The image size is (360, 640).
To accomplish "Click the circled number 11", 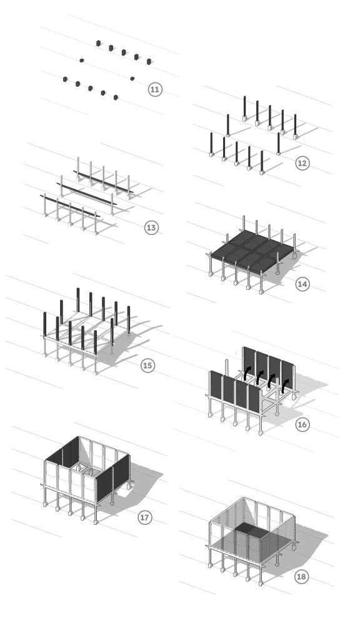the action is click(155, 89).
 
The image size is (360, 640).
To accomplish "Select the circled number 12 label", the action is click(302, 163).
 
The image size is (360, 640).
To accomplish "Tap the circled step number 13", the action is click(151, 227).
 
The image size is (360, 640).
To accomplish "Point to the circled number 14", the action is click(302, 284).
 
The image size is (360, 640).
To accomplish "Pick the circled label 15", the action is click(147, 365).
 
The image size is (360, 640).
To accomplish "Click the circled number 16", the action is click(302, 424).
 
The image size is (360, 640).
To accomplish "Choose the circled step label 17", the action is click(144, 517).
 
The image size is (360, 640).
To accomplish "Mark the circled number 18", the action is click(301, 576).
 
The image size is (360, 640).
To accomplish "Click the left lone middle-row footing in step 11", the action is click(82, 61).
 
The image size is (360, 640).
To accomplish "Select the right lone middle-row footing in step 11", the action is click(132, 78).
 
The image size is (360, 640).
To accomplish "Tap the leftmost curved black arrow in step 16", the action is click(246, 373).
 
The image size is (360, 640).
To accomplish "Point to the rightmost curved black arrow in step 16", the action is click(284, 386).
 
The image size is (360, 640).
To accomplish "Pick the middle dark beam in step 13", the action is click(86, 194).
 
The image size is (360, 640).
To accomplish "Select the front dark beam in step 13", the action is click(70, 206).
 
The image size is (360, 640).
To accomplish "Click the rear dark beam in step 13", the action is click(103, 182).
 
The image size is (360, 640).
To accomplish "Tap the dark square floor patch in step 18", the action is click(252, 530).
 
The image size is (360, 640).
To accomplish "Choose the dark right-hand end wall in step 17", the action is click(113, 478).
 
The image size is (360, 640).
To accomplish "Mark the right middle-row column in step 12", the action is click(278, 143).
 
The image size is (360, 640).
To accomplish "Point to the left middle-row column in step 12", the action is click(227, 125).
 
